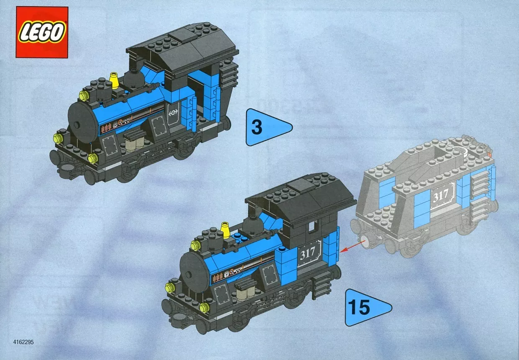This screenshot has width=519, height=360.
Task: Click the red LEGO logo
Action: pyautogui.click(x=42, y=32)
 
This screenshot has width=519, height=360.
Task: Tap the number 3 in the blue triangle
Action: pyautogui.click(x=257, y=127)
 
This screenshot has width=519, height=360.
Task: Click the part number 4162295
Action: pyautogui.click(x=23, y=342)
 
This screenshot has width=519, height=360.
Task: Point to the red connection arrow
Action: pyautogui.click(x=352, y=246)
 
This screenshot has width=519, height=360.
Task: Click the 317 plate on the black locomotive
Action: pyautogui.click(x=308, y=253)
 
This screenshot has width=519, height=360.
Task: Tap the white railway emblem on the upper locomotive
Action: pyautogui.click(x=173, y=113)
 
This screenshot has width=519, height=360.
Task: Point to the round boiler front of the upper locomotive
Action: pyautogui.click(x=82, y=123)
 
